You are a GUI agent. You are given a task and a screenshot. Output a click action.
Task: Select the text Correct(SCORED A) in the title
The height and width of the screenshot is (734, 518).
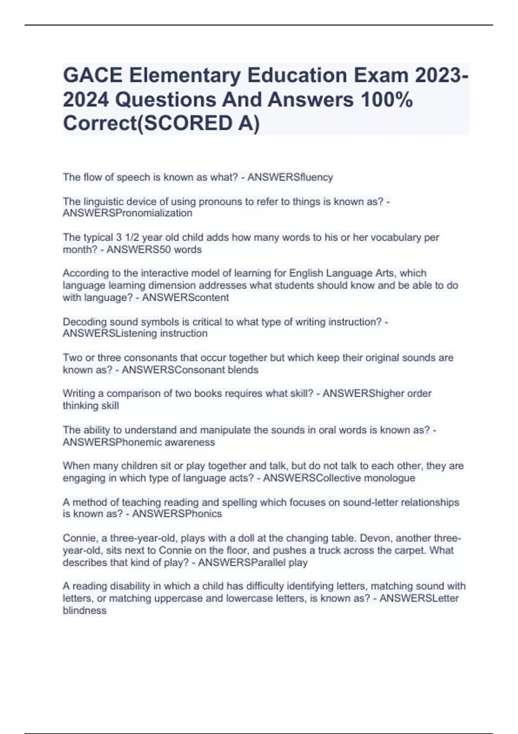[x=161, y=123]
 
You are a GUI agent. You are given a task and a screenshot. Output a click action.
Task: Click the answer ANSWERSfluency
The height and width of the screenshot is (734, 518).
[x=290, y=177]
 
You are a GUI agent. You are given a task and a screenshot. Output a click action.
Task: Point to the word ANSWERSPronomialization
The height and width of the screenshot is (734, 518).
[x=127, y=213]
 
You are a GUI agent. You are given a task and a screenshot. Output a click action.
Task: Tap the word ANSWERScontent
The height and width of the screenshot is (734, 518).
[x=185, y=297]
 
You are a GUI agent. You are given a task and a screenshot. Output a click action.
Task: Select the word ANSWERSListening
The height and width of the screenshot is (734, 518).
[x=110, y=333]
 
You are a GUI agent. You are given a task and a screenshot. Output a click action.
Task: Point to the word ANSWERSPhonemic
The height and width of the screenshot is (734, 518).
[x=114, y=442]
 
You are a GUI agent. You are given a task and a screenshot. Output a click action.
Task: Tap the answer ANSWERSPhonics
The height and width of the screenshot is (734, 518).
[x=177, y=514]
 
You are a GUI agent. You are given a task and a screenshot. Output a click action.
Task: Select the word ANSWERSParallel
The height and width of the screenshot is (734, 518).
[x=240, y=563]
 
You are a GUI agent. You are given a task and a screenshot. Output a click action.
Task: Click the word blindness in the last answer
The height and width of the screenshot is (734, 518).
[x=85, y=611]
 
